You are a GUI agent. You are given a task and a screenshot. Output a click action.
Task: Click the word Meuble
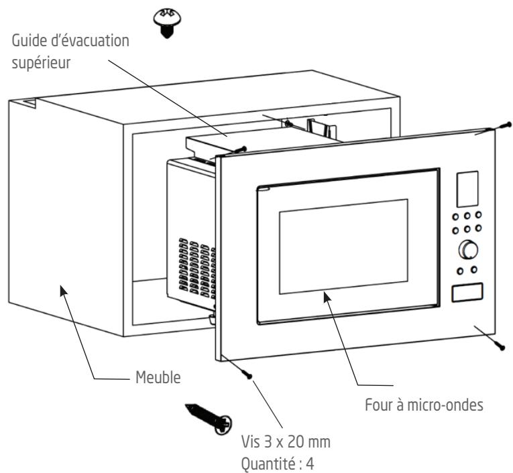click(x=158, y=377)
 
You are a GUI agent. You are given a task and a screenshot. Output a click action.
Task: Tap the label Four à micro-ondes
click(x=424, y=405)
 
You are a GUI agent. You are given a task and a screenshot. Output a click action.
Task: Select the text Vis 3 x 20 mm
click(x=286, y=442)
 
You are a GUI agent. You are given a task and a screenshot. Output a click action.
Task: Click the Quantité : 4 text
click(x=278, y=463)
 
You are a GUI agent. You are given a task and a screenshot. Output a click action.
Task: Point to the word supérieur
click(x=41, y=63)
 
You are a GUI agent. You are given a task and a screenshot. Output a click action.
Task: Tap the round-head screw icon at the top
click(x=167, y=23)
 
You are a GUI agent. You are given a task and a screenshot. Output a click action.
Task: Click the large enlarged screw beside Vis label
click(x=209, y=419)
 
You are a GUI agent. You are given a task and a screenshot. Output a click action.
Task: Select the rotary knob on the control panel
click(x=468, y=250)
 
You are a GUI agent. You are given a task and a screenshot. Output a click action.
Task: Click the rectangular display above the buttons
click(x=467, y=189)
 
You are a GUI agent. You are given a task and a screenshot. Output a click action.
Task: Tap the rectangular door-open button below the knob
click(x=467, y=292)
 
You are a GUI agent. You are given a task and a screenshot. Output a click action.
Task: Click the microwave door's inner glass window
click(x=343, y=247)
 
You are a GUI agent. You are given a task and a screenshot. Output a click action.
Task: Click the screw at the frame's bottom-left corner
click(x=246, y=373)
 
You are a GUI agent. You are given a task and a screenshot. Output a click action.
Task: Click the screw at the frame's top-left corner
click(x=240, y=149)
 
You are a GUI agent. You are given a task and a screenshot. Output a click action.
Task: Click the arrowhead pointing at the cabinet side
click(x=63, y=291)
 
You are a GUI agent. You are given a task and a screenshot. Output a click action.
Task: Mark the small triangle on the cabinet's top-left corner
click(x=30, y=103)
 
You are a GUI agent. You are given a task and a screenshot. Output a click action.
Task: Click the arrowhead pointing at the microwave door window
click(x=327, y=297)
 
